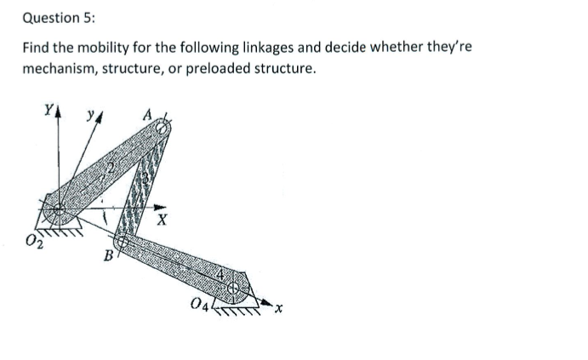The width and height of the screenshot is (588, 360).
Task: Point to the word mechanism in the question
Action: [57, 68]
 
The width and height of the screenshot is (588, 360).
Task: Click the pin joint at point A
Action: [162, 126]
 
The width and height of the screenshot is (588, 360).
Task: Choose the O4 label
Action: [200, 304]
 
